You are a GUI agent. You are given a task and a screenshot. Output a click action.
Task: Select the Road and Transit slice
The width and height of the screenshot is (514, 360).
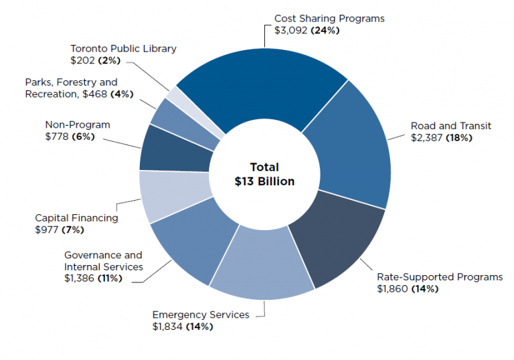pyautogui.click(x=348, y=147)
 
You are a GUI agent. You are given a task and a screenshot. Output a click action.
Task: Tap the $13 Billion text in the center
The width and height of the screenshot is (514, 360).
pyautogui.click(x=264, y=182)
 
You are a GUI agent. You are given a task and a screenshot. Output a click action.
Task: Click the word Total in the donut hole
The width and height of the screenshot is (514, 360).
pyautogui.click(x=264, y=167)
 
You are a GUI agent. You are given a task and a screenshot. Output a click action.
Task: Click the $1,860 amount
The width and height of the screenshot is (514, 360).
pyautogui.click(x=392, y=289)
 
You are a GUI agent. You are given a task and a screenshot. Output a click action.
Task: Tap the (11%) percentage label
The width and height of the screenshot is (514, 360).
pyautogui.click(x=110, y=278)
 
